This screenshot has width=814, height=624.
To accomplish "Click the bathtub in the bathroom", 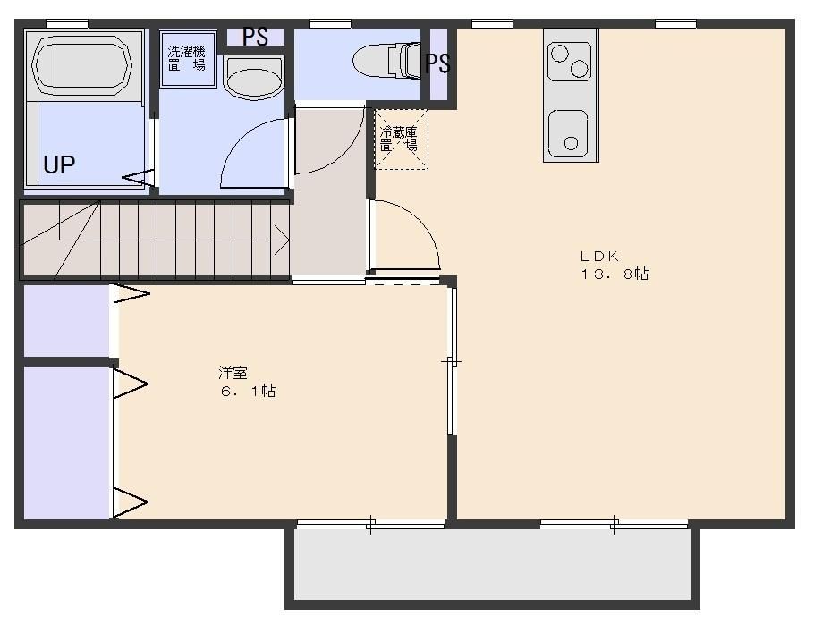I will coord(81,64).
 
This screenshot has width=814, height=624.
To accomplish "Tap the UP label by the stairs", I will coord(59,165).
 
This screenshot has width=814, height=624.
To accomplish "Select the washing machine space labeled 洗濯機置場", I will coord(187,59).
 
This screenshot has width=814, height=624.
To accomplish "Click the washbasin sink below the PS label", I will coord(252,79).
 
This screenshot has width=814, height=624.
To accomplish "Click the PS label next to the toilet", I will coord(437,63).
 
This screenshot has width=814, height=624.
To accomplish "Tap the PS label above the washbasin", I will coord(256,38).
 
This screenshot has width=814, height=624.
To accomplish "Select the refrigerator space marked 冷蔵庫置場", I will coord(399,139).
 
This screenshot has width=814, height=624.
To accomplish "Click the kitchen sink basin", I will coord(569,134).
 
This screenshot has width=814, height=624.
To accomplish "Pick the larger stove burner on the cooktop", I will coord(580,68).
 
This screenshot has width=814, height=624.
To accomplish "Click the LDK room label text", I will coord(599,256).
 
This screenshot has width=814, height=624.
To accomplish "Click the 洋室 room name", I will coord(233,372).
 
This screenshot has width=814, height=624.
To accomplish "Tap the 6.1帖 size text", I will coord(248,391).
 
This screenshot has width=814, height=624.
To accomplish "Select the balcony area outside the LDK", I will coord(492,565).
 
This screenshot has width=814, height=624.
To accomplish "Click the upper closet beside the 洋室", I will coord(66,320).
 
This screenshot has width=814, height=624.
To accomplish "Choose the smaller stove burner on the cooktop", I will coord(560,53).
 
